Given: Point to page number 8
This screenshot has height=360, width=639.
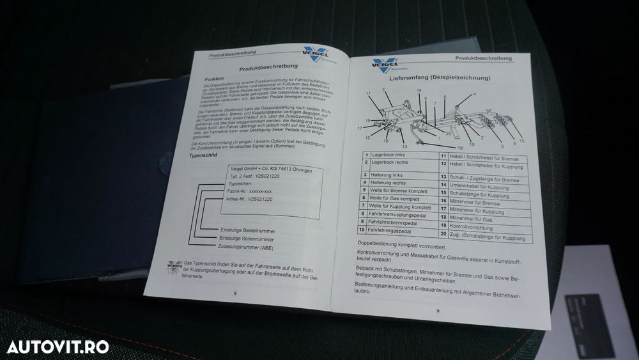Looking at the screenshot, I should tap(235, 292).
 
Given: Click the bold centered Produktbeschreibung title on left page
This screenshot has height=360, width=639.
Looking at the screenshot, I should tap(262, 67).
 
